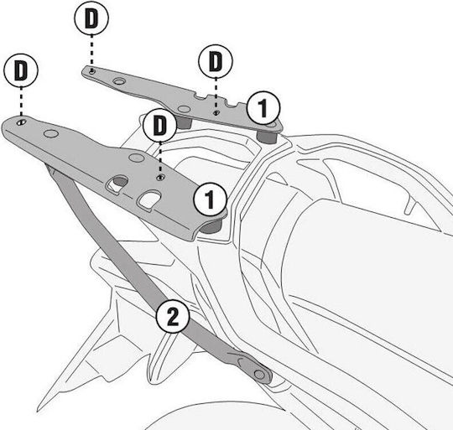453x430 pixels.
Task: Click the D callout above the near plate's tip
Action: tap(21, 70)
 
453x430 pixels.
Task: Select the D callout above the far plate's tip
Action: tap(91, 18)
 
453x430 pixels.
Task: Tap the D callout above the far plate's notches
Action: tap(216, 60)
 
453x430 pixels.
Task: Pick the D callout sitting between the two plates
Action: tap(160, 125)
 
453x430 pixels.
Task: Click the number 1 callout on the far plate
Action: tap(263, 108)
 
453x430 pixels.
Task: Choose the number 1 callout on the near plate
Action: tap(211, 199)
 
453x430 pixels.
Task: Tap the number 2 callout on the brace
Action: tap(173, 316)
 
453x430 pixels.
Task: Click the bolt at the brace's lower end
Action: tap(260, 375)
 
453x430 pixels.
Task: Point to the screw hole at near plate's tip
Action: tap(21, 122)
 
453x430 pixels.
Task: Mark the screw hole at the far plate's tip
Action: tap(92, 71)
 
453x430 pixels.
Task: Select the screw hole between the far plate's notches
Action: tap(216, 113)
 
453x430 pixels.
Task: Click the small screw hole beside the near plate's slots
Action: tap(160, 178)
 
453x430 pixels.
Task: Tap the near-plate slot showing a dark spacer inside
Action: tap(117, 184)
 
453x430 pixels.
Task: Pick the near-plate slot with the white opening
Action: tap(148, 199)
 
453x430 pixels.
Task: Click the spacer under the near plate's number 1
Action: tap(211, 225)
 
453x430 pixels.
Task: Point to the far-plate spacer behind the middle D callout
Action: tap(184, 122)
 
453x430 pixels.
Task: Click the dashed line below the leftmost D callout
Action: tap(21, 102)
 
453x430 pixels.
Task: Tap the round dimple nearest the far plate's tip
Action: tap(118, 81)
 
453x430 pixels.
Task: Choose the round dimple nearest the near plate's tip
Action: tap(51, 133)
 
